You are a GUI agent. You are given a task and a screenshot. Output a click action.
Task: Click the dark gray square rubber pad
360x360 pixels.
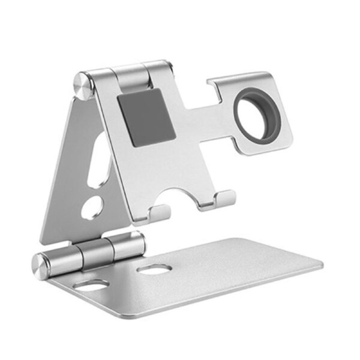pyautogui.click(x=146, y=116)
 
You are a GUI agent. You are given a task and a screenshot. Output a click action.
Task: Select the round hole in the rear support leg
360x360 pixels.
pyautogui.click(x=92, y=208)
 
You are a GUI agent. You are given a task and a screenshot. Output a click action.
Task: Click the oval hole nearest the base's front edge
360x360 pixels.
pyautogui.click(x=91, y=286)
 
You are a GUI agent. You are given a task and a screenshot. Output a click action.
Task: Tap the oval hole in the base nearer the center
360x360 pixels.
pyautogui.click(x=154, y=271)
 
